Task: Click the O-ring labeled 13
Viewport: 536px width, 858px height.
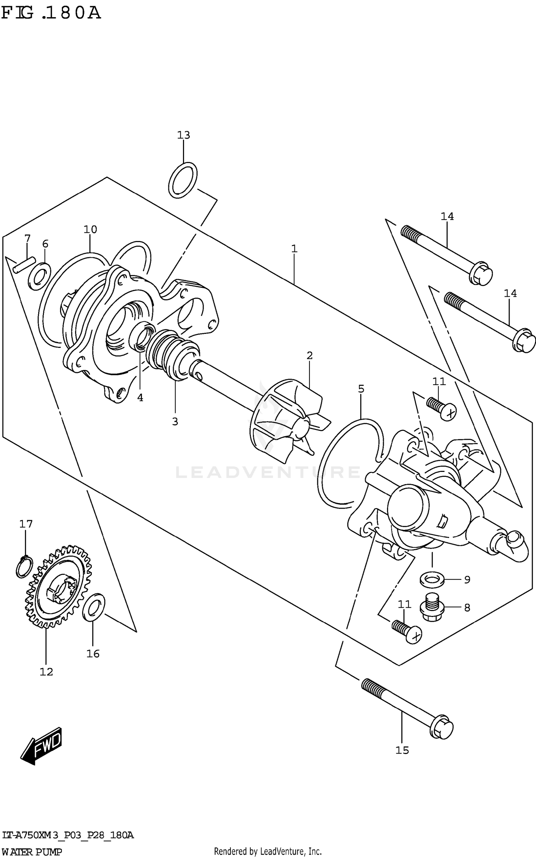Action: point(183,180)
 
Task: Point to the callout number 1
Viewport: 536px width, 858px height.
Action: point(294,248)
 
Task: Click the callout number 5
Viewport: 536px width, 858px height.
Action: point(361,389)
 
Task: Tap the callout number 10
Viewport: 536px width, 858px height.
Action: point(90,229)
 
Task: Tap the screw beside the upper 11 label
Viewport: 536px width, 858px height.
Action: point(441,408)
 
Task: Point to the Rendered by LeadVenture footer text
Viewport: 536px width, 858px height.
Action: point(268,852)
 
